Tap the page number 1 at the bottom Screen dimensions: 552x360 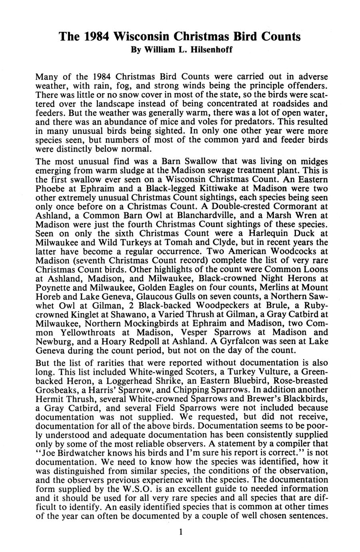(181, 532)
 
